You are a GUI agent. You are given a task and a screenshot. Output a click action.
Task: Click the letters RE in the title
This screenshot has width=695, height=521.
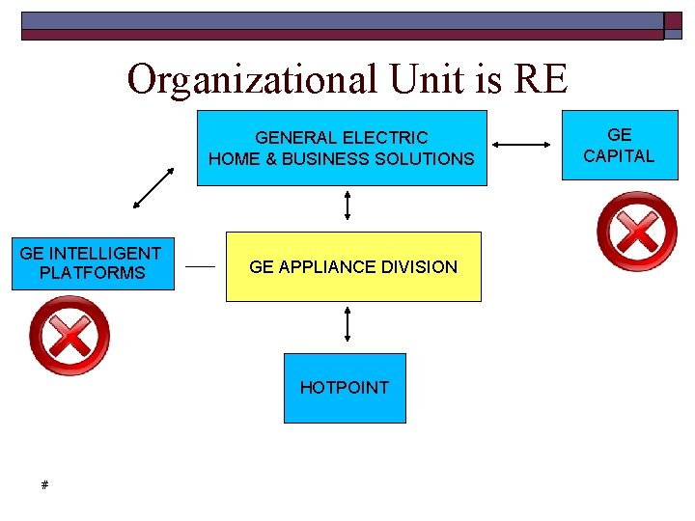click(542, 79)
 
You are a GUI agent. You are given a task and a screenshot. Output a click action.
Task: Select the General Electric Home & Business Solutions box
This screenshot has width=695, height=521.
click(342, 148)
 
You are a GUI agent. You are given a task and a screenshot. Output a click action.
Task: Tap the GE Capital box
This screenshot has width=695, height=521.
click(619, 146)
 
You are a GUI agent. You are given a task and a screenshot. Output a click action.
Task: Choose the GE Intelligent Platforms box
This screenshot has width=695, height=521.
click(92, 263)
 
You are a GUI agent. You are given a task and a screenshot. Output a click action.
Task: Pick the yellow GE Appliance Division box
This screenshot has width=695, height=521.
click(352, 266)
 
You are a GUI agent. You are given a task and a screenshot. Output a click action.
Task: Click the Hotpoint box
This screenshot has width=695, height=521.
click(345, 388)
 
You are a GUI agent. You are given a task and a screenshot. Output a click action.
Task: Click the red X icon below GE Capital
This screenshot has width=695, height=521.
click(637, 232)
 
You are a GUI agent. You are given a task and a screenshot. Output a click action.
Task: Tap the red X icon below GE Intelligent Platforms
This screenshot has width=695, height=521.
click(69, 336)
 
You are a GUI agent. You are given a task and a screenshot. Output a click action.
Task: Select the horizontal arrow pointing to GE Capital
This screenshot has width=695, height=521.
click(521, 146)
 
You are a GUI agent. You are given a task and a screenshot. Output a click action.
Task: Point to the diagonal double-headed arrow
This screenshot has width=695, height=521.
click(153, 188)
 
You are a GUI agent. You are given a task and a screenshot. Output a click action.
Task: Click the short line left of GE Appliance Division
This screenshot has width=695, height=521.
click(200, 265)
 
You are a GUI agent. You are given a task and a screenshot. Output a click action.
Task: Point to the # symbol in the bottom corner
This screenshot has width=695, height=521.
click(44, 484)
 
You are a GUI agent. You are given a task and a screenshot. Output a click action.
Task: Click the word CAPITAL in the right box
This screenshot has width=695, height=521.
click(619, 155)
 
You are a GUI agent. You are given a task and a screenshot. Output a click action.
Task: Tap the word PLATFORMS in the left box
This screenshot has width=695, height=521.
click(92, 273)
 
